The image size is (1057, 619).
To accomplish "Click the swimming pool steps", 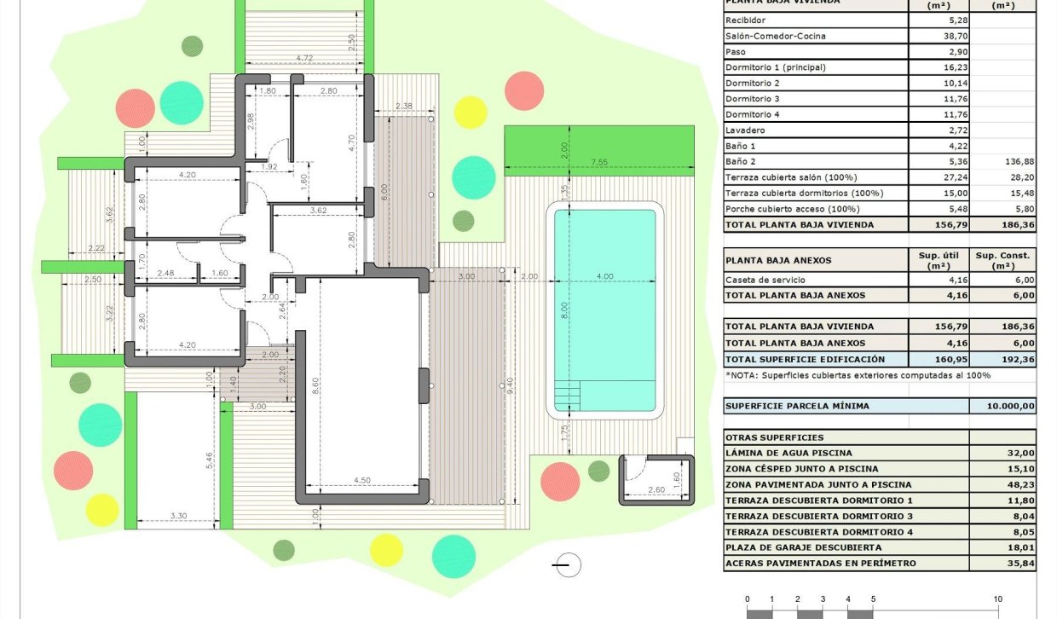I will (567, 396).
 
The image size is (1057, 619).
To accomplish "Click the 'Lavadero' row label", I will (744, 130).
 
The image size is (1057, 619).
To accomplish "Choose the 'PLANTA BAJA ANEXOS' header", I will (777, 260).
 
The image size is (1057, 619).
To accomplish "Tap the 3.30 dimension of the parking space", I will (178, 515).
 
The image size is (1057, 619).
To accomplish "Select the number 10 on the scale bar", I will (996, 599).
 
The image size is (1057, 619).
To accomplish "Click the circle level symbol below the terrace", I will (567, 564).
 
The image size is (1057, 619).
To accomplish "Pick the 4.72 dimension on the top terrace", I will (303, 59).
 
